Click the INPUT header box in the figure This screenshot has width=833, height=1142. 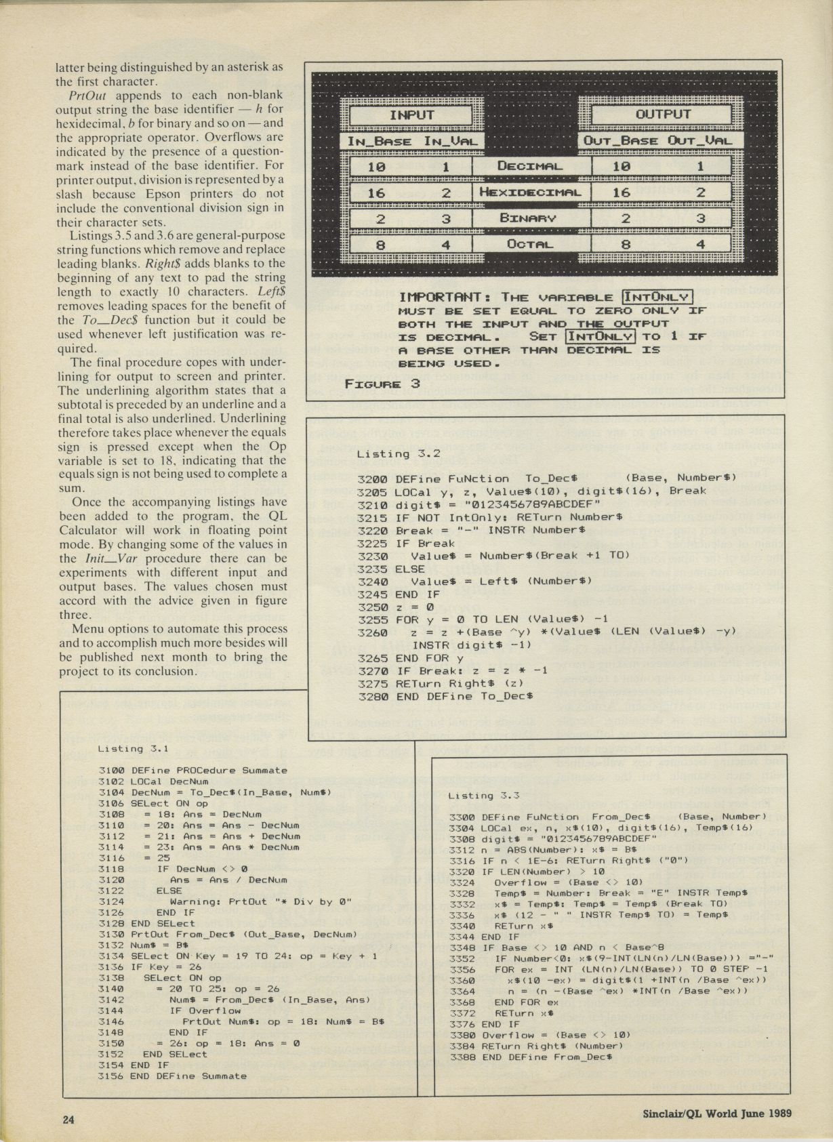click(411, 115)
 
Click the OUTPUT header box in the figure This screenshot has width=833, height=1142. click(662, 115)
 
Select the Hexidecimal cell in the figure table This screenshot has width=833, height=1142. click(531, 192)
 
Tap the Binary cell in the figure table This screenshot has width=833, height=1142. click(531, 218)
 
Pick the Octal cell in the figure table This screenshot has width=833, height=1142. click(531, 243)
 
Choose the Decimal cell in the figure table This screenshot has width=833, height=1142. click(531, 166)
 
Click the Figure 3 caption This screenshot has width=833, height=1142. click(382, 384)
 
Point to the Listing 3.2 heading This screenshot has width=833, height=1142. click(399, 454)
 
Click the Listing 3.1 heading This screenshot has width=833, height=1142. click(133, 749)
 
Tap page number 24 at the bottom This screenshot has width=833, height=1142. click(68, 1120)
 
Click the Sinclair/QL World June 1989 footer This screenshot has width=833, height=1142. click(718, 1113)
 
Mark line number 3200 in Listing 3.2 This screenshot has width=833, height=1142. click(372, 478)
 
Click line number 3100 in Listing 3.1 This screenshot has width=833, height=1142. click(110, 771)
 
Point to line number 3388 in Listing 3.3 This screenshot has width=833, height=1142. click(462, 1057)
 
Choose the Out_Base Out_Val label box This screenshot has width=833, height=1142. click(662, 141)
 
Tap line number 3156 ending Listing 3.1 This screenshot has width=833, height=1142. click(110, 1076)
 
